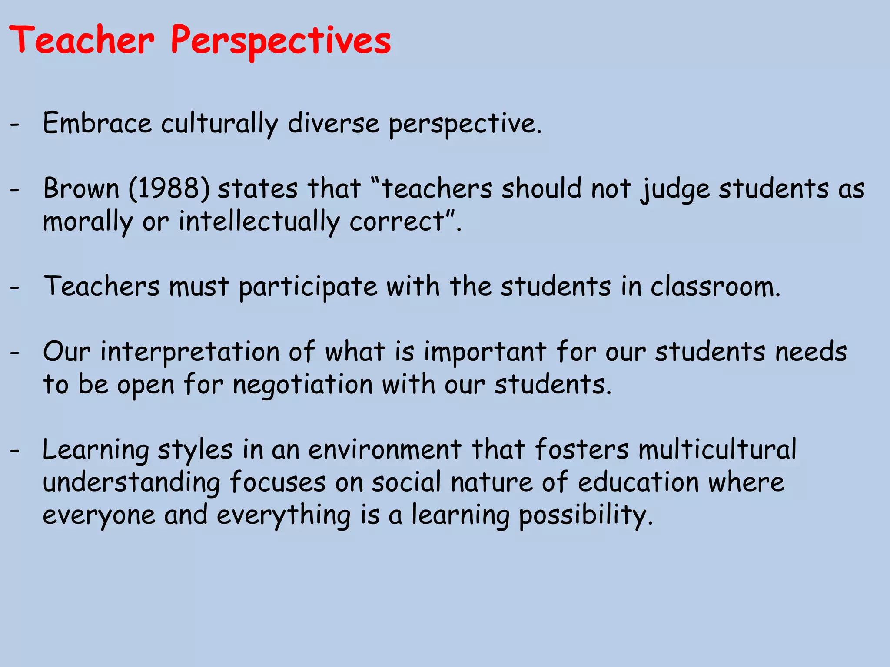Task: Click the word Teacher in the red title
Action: point(81,40)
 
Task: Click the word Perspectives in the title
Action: point(281,41)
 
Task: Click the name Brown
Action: point(81,189)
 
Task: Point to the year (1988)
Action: point(169,189)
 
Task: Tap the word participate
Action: point(308,287)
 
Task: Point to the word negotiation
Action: point(302,385)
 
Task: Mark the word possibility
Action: point(586,515)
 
